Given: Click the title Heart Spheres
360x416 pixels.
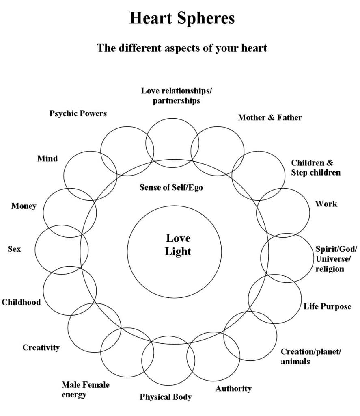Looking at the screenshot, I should click(182, 19).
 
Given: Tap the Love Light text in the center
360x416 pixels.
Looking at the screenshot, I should click(178, 245).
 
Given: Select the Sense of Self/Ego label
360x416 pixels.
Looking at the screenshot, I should click(171, 188).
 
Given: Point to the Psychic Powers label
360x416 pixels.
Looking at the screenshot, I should click(78, 113).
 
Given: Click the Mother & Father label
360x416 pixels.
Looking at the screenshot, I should click(269, 117).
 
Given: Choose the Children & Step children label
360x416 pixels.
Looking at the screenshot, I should click(315, 167).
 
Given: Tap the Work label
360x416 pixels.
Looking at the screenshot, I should click(326, 204).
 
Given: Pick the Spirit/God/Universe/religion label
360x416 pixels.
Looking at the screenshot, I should click(336, 259).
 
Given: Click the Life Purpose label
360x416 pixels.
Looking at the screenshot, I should click(327, 306).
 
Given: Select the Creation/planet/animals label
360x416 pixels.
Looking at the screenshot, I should click(310, 356).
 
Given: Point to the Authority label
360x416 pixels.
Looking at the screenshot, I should click(233, 389).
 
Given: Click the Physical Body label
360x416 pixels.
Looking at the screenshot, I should click(166, 397).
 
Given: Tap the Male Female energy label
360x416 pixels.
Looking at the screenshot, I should click(85, 389).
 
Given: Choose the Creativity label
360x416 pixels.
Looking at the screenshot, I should click(41, 347).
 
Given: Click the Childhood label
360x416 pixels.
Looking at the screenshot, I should click(21, 302).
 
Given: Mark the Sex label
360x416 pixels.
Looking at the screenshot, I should click(14, 249).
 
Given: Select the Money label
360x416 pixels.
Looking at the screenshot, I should click(24, 206).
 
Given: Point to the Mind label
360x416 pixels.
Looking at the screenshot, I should click(47, 158).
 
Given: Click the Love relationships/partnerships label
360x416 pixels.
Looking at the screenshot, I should click(176, 95).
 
